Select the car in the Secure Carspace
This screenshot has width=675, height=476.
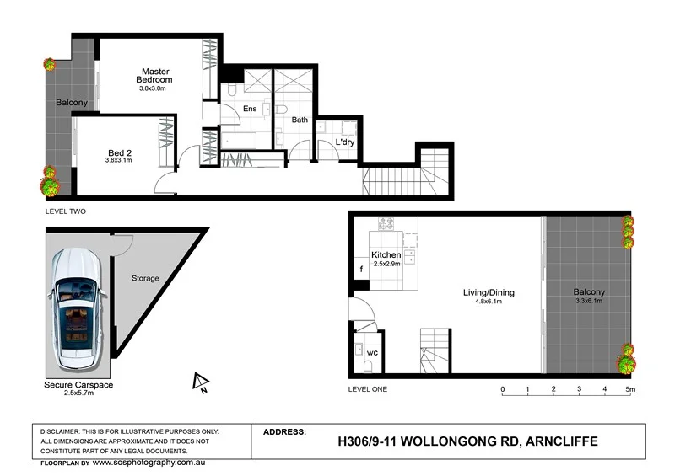click(x=77, y=311)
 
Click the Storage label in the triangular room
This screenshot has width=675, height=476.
click(x=144, y=278)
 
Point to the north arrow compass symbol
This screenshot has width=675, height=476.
click(x=200, y=383)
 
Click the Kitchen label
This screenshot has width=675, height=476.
click(x=386, y=254)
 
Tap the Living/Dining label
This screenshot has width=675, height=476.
click(x=488, y=293)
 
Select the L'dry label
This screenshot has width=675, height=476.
click(x=345, y=142)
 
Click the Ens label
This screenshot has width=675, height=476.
click(x=250, y=108)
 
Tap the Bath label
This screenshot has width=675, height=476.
click(x=300, y=120)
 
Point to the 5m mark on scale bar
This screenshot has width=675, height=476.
click(x=629, y=389)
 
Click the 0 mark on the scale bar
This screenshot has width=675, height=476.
click(x=503, y=389)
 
